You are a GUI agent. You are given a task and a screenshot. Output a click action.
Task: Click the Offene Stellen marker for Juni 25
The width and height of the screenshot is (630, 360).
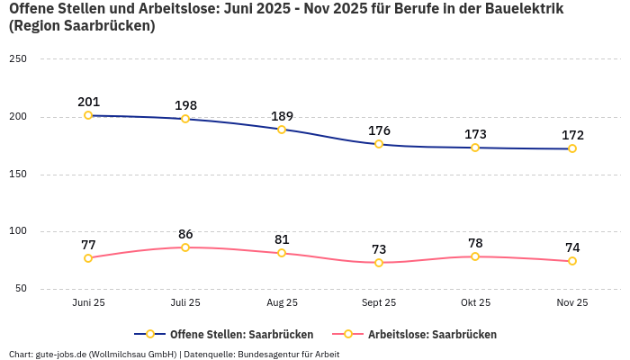(x=88, y=115)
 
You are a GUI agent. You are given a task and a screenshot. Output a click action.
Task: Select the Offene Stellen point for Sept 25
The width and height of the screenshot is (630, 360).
(x=379, y=144)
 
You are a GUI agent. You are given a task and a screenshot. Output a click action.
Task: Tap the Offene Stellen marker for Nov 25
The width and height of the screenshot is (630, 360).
(x=572, y=148)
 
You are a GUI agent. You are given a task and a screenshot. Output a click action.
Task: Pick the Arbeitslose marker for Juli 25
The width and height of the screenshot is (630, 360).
(x=185, y=247)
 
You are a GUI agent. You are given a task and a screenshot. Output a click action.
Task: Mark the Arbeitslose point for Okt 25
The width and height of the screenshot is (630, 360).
(x=475, y=256)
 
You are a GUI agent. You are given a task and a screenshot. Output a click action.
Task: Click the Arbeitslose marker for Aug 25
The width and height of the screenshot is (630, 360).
(x=282, y=253)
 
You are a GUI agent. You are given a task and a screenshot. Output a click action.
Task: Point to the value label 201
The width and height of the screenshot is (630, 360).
(x=88, y=102)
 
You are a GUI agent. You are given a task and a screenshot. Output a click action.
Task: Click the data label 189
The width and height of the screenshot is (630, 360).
(x=282, y=116)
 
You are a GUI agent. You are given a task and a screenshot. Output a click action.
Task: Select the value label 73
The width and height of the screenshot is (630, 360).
(x=379, y=249)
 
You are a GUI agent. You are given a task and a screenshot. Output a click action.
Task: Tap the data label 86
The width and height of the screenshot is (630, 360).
(x=185, y=234)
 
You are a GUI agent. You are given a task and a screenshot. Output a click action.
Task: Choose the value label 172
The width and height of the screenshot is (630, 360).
(x=572, y=135)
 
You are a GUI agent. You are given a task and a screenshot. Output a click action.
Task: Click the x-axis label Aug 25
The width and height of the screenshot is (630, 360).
(x=282, y=302)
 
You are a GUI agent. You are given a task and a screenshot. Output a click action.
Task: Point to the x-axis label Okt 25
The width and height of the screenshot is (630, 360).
(x=475, y=302)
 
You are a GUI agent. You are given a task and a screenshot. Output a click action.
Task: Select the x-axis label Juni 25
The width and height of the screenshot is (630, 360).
(x=88, y=302)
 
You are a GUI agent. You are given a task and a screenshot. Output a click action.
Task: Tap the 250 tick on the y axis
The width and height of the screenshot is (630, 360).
(x=18, y=58)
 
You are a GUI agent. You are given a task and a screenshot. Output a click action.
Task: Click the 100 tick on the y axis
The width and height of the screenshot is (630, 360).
(x=18, y=231)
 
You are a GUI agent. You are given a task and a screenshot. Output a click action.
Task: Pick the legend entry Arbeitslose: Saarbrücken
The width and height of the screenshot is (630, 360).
(x=432, y=334)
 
